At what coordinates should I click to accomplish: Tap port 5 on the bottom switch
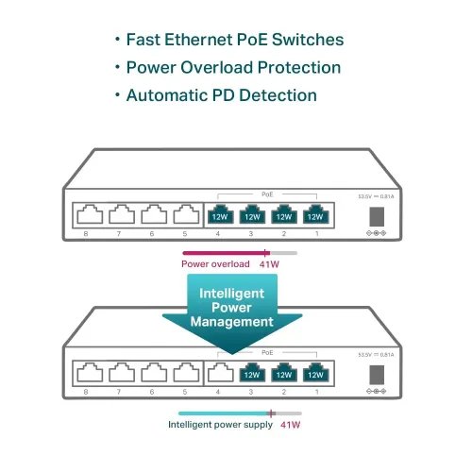(184, 372)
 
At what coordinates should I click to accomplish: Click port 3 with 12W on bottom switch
(251, 371)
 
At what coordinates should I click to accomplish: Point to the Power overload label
(215, 263)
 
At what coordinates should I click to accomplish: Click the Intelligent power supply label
(219, 425)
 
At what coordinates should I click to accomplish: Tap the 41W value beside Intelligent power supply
(290, 425)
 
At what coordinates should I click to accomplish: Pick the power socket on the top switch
(376, 213)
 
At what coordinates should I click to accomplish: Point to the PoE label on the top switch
(266, 193)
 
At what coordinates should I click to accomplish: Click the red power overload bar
(227, 253)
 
